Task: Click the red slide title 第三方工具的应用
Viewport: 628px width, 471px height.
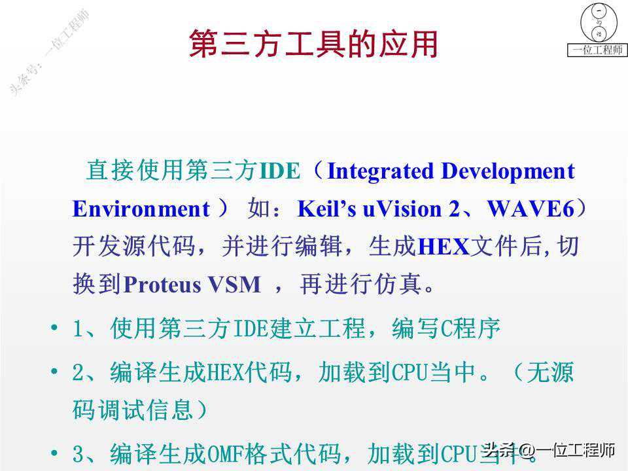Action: pos(313,44)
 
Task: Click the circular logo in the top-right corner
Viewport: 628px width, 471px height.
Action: pos(599,22)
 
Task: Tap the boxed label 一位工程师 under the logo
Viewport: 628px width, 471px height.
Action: pos(597,50)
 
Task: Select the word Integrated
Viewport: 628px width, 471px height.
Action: pos(380,171)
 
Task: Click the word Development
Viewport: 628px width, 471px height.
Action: pos(508,171)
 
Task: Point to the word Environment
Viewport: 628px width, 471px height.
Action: pos(141,209)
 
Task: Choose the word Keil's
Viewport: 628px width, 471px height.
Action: pos(327,209)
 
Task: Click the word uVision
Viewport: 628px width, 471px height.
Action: pos(402,209)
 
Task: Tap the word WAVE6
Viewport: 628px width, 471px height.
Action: pos(531,209)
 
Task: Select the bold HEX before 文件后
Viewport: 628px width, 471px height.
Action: pos(444,247)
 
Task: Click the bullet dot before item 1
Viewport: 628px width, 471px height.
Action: pos(54,328)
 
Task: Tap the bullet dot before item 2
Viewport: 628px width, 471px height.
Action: pos(54,372)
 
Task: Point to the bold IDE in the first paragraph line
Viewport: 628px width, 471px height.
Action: pos(279,171)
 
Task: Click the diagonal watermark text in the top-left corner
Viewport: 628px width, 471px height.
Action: pos(49,52)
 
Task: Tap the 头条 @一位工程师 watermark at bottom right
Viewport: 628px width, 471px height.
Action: pos(549,450)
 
